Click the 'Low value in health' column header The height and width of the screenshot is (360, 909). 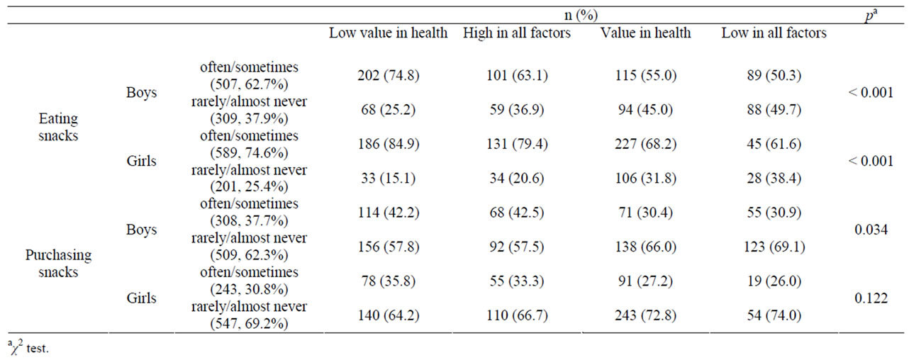click(x=388, y=33)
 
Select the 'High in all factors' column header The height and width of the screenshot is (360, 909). click(x=516, y=33)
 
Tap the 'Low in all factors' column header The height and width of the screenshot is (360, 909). click(x=774, y=33)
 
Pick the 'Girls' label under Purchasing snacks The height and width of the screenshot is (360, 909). click(x=141, y=298)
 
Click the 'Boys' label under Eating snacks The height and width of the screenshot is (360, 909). click(x=141, y=93)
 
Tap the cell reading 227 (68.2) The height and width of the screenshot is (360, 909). click(x=645, y=145)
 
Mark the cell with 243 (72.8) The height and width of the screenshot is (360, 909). click(x=645, y=315)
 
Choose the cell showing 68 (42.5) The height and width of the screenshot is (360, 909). click(x=516, y=213)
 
